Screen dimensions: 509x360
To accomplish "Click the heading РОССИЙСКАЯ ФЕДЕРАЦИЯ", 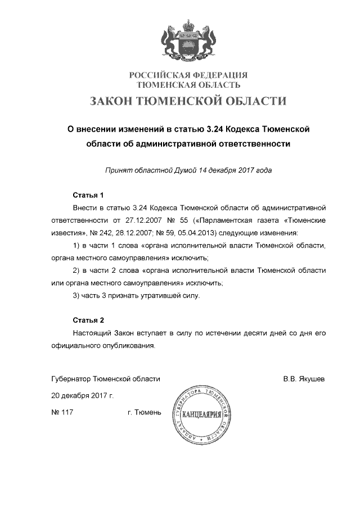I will point(189,75).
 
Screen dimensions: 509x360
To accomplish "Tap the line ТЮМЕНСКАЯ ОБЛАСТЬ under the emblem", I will point(189,85).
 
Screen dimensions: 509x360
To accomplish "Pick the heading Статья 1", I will point(89,196).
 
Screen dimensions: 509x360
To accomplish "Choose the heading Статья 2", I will point(89,321).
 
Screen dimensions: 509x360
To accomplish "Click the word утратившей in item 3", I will point(155,295).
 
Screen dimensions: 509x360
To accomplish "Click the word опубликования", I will point(128,345).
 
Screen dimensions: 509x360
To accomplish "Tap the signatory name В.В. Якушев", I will point(304,379).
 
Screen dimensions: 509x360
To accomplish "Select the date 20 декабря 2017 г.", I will point(82,396).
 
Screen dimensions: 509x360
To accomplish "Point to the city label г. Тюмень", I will point(145,413).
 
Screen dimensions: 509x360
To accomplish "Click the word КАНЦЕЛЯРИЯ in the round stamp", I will point(204,416).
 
